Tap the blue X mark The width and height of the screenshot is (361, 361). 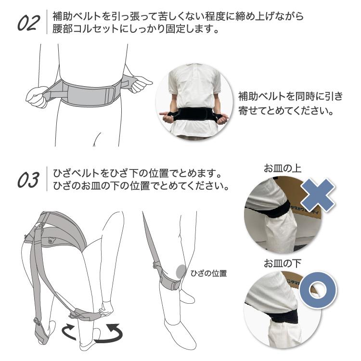[x=318, y=195]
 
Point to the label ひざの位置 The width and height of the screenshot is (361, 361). [x=208, y=273]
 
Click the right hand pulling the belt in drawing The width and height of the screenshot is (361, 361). [x=141, y=85]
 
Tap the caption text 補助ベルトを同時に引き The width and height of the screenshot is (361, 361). [x=290, y=96]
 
